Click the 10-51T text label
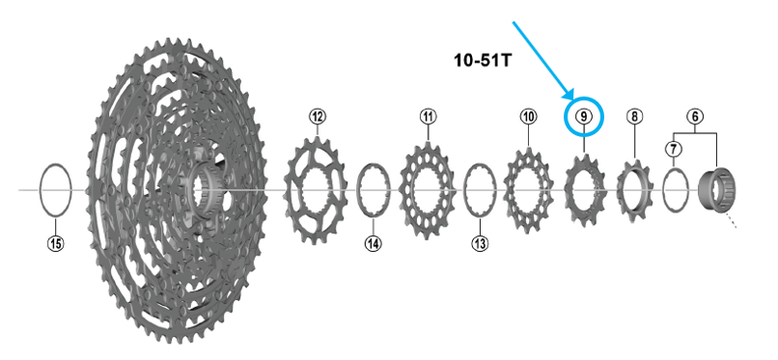(x=483, y=61)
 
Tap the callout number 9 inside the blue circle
(x=584, y=117)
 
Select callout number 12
(x=318, y=117)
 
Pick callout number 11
(x=428, y=117)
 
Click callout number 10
(x=528, y=117)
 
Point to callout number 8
(x=634, y=117)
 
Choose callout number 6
(x=695, y=117)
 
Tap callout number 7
(x=674, y=148)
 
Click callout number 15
(x=56, y=243)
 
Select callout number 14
(x=374, y=243)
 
